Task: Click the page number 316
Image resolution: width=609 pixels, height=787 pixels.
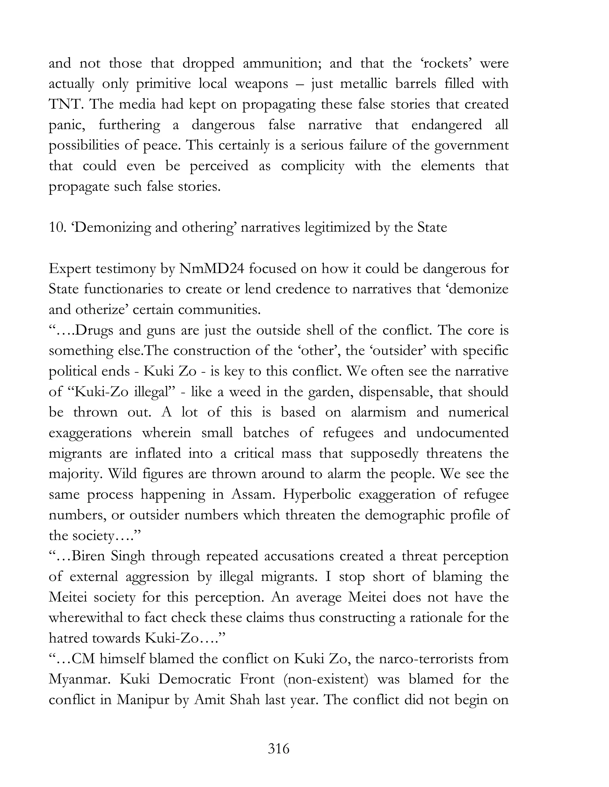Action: pyautogui.click(x=279, y=748)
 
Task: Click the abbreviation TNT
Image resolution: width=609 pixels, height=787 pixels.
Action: pyautogui.click(x=65, y=105)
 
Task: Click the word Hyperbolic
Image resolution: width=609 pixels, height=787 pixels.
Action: pyautogui.click(x=316, y=494)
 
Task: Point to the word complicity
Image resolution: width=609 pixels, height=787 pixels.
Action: pyautogui.click(x=313, y=166)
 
